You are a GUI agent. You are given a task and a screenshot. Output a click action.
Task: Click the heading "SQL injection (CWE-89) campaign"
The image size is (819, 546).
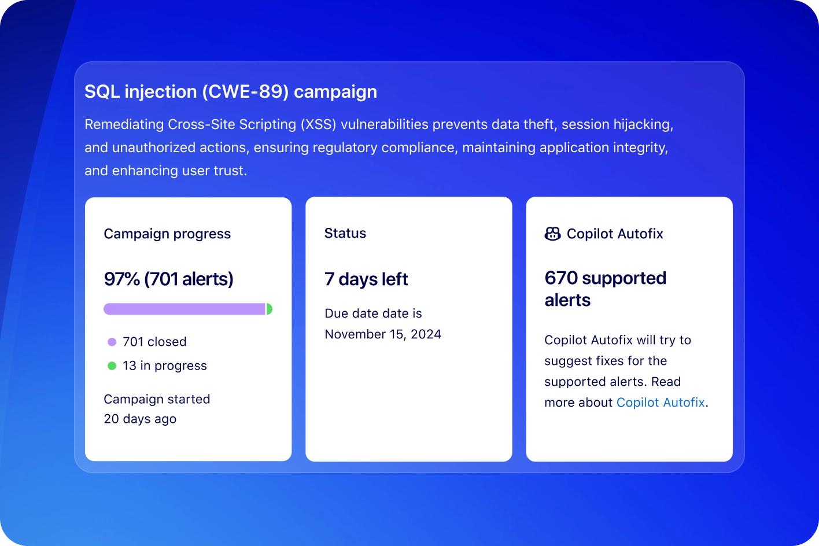(231, 92)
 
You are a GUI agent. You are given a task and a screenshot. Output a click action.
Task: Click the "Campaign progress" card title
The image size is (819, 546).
(167, 234)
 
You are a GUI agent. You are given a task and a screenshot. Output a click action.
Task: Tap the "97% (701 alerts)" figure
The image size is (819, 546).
(168, 279)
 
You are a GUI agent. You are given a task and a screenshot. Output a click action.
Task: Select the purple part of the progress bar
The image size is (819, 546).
(184, 309)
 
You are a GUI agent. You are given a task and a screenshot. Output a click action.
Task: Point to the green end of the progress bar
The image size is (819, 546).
(269, 309)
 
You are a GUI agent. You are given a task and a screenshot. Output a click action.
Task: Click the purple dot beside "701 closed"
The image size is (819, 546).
(112, 342)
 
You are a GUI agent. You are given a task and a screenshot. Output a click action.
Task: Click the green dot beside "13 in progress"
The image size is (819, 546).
(112, 366)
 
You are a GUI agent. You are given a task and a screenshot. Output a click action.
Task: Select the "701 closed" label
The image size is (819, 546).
(154, 342)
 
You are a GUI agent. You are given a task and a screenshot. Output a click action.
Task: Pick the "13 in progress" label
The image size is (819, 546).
(165, 366)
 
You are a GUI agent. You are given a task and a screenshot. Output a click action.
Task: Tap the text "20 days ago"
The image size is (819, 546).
(140, 419)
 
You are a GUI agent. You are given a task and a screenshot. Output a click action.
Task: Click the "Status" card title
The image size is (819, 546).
(345, 233)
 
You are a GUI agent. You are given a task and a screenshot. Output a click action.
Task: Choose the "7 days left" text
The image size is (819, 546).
(366, 279)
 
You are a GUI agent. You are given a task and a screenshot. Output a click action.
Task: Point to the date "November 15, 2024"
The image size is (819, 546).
(383, 334)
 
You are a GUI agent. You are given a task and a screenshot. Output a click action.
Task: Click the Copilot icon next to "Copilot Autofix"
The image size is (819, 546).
(553, 234)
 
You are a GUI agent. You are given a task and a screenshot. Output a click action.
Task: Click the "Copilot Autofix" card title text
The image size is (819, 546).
(615, 234)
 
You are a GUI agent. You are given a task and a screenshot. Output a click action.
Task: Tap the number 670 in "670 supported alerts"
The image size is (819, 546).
(561, 278)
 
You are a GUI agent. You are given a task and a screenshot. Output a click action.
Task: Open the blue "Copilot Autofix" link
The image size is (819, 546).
(661, 403)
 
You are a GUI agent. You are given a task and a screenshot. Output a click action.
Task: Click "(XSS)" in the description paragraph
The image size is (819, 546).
(317, 124)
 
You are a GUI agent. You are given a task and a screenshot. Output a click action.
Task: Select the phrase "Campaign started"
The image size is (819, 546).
(157, 399)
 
